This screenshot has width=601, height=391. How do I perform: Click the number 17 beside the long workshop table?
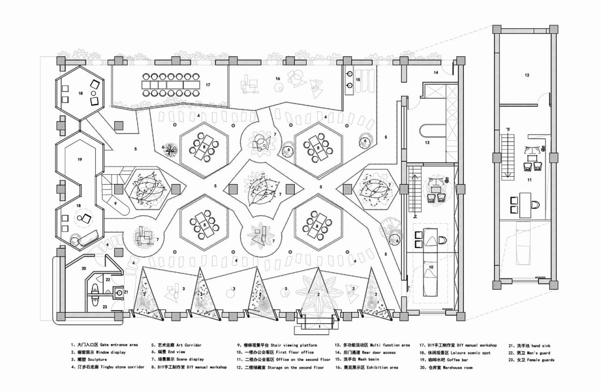(x=208, y=85)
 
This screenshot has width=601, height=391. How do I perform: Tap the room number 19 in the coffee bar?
(x=80, y=160)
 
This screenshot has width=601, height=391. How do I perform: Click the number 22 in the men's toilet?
(x=107, y=280)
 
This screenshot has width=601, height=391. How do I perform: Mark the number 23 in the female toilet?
(x=105, y=307)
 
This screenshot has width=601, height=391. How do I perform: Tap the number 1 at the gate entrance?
(x=319, y=326)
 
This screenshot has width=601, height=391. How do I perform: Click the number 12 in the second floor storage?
(x=527, y=75)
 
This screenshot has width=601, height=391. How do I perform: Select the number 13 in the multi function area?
(x=427, y=142)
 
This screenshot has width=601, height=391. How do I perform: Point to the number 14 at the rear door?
(x=436, y=72)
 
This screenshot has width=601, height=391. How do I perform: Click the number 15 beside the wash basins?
(x=358, y=80)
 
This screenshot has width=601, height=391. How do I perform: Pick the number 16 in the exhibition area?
(x=277, y=78)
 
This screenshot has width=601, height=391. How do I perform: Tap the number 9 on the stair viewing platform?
(x=115, y=203)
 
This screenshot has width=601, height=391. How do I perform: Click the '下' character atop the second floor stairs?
(x=508, y=129)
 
